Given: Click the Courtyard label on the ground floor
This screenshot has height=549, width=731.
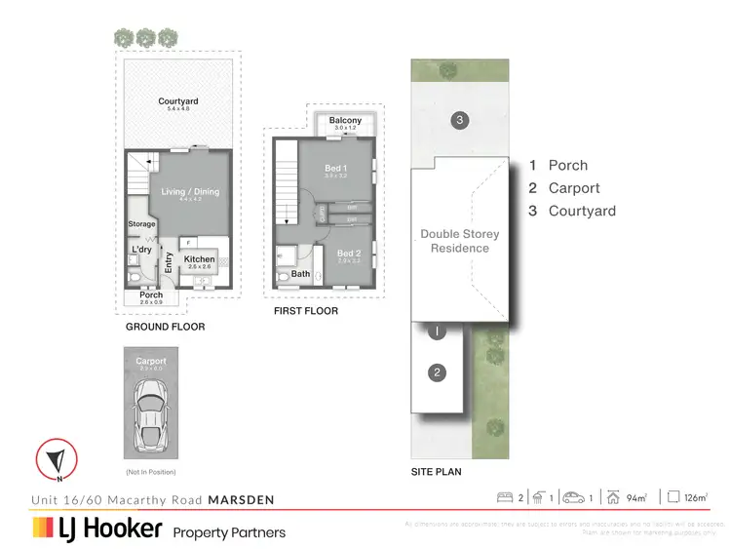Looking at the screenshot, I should (178, 101).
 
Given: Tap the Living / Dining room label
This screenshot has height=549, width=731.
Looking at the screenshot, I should (190, 192).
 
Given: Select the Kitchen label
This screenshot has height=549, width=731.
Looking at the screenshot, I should (199, 259).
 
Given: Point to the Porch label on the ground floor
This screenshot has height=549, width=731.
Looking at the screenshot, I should (151, 295).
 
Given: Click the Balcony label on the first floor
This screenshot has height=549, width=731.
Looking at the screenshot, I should (346, 120).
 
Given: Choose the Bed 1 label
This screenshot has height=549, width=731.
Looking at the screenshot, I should (335, 168).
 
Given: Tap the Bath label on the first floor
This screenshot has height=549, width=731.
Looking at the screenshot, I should (300, 274).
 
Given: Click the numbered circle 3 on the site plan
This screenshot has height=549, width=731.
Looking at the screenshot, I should (460, 120).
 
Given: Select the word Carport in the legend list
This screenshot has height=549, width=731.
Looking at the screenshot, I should (574, 188).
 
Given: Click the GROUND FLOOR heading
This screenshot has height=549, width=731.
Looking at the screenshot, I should (166, 327).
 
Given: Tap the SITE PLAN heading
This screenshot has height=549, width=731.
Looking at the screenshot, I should (436, 471).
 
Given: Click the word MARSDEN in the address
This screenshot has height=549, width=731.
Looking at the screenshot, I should (241, 500).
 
